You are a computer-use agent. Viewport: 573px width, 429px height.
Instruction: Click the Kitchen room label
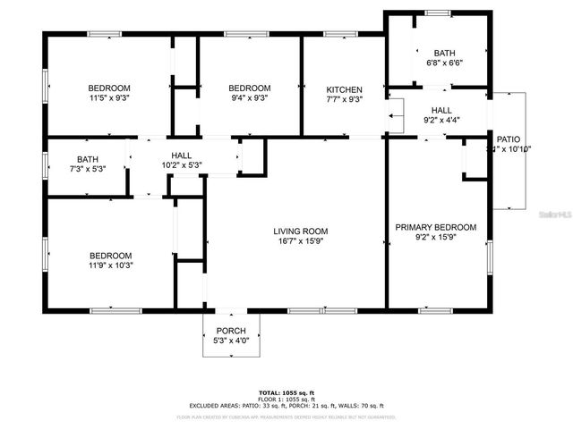344,90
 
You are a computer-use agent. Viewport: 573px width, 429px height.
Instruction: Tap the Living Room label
295,231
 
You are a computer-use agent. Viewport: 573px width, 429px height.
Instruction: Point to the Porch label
230,330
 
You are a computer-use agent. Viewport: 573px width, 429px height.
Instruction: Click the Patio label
509,139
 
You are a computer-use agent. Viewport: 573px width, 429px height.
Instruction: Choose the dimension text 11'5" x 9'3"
109,98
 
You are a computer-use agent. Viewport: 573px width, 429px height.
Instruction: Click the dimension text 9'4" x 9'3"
249,98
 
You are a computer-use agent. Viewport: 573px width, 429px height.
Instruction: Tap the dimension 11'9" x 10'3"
109,265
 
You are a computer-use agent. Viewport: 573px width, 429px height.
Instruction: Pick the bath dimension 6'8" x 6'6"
444,63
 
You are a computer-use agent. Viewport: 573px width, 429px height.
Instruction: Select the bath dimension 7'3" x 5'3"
88,170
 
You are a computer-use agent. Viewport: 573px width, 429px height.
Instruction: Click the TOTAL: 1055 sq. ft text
286,392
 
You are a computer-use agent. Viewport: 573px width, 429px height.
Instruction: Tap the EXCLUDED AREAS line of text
286,407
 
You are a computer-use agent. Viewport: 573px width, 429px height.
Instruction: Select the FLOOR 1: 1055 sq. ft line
286,400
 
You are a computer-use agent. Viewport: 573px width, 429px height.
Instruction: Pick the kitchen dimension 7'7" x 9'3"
344,101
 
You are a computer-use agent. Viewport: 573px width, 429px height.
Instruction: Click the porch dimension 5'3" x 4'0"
230,341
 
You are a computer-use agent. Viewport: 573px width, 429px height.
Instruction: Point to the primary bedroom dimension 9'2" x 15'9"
436,239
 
